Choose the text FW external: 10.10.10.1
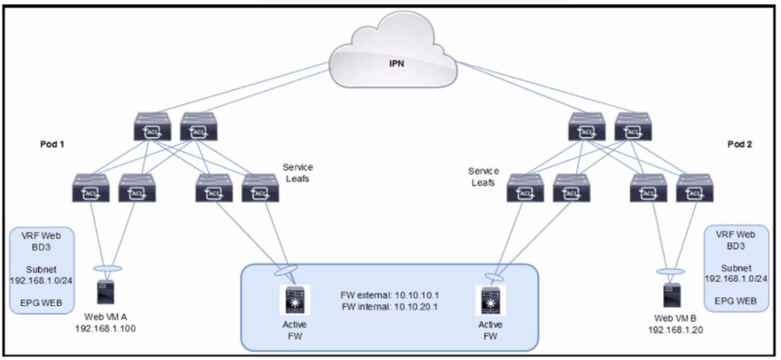pos(387,294)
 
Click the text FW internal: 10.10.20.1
pos(387,307)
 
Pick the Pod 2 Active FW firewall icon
pos(491,298)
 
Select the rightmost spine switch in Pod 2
pos(631,128)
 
